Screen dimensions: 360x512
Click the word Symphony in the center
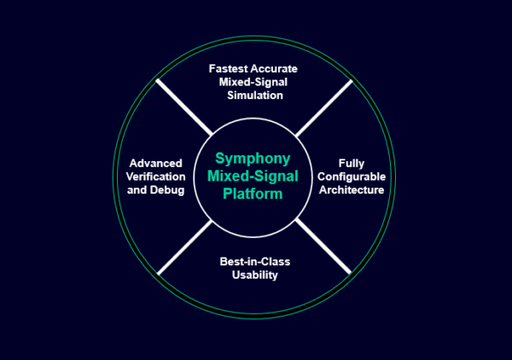click(253, 159)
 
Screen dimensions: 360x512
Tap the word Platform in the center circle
click(253, 194)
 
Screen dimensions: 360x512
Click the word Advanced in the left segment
click(157, 162)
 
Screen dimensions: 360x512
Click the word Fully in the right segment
click(352, 162)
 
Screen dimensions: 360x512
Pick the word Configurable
click(352, 176)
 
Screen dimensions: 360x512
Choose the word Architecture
click(352, 189)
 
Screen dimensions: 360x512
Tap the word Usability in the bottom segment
click(254, 276)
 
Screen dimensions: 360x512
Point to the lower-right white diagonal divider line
click(323, 247)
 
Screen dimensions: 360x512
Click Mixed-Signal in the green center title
click(253, 176)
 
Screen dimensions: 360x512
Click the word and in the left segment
click(137, 189)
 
